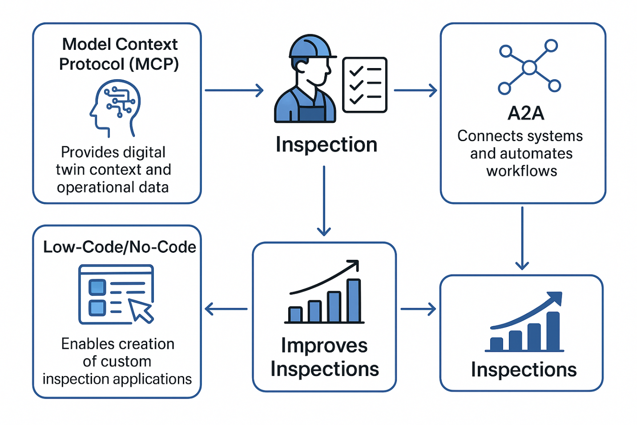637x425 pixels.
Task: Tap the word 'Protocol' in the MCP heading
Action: tap(92, 64)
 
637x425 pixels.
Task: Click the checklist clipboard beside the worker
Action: tap(365, 85)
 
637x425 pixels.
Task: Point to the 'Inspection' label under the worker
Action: tap(327, 145)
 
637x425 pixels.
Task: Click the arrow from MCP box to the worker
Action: tap(234, 90)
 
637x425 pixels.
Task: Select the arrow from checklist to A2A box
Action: tap(415, 90)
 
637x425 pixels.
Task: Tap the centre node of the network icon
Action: tap(529, 68)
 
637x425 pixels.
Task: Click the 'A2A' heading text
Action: tap(526, 113)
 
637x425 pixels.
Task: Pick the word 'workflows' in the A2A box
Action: tap(521, 171)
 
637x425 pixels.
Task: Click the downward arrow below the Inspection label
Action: tap(324, 201)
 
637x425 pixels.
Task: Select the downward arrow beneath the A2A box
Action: tap(522, 238)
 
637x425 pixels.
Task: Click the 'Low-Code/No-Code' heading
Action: tap(119, 247)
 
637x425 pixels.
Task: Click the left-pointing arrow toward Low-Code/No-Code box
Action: tap(226, 309)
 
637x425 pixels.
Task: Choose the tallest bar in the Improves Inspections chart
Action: tap(354, 300)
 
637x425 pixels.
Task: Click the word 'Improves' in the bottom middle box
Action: tap(324, 346)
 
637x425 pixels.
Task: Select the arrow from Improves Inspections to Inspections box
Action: tap(418, 309)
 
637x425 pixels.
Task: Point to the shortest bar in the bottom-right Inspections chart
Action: tap(496, 344)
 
